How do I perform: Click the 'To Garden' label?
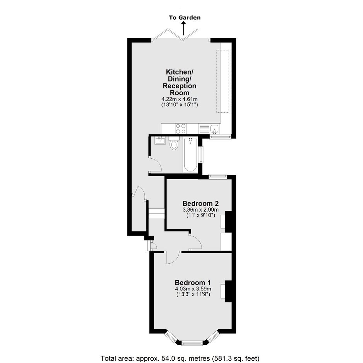[185, 18]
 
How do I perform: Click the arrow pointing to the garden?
[183, 28]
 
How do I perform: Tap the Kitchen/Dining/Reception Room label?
[180, 82]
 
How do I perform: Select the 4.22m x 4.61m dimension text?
[180, 99]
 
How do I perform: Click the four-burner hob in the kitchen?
[181, 129]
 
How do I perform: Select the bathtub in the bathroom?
[190, 155]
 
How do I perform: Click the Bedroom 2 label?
[200, 204]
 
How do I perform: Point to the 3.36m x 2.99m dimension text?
[200, 210]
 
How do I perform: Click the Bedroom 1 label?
[193, 283]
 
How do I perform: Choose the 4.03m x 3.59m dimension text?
[193, 289]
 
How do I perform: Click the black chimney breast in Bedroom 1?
[229, 291]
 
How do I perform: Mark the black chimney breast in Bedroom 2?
[229, 222]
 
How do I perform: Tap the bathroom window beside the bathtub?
[202, 155]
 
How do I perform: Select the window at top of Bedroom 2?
[218, 176]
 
